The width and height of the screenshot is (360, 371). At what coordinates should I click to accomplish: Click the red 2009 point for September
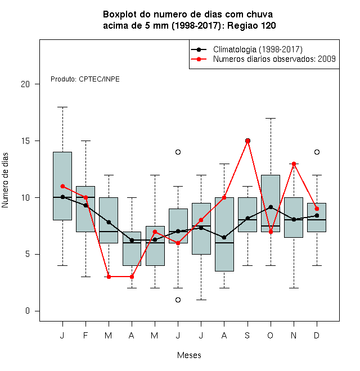247,141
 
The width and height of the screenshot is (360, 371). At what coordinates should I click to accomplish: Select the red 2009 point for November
294,164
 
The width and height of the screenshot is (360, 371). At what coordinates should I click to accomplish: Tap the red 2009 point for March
109,277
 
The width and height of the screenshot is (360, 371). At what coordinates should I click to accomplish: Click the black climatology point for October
271,207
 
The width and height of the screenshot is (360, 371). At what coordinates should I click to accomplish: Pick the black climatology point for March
109,222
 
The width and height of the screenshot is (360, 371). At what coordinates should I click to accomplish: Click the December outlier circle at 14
317,152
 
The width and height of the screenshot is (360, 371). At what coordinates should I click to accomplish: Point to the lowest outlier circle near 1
178,300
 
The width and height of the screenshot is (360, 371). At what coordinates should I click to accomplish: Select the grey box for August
224,234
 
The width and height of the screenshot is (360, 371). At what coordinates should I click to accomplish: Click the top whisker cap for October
271,118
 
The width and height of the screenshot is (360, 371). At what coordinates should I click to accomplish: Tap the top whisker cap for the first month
62,107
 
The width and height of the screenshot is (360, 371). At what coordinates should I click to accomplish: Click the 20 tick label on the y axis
25,84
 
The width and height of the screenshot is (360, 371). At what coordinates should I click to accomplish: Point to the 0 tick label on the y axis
28,311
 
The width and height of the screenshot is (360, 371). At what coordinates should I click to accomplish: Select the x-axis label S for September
247,335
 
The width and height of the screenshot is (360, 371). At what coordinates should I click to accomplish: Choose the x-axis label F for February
85,335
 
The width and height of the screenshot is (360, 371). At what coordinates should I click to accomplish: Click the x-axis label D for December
317,335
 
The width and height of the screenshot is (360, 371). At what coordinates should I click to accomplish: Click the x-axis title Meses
189,355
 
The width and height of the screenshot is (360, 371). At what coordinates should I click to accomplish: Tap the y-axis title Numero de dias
5,180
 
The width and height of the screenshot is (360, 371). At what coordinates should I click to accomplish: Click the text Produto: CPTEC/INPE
85,79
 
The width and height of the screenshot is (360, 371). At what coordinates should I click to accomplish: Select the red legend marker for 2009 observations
199,59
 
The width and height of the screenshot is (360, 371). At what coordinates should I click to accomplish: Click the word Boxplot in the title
120,15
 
